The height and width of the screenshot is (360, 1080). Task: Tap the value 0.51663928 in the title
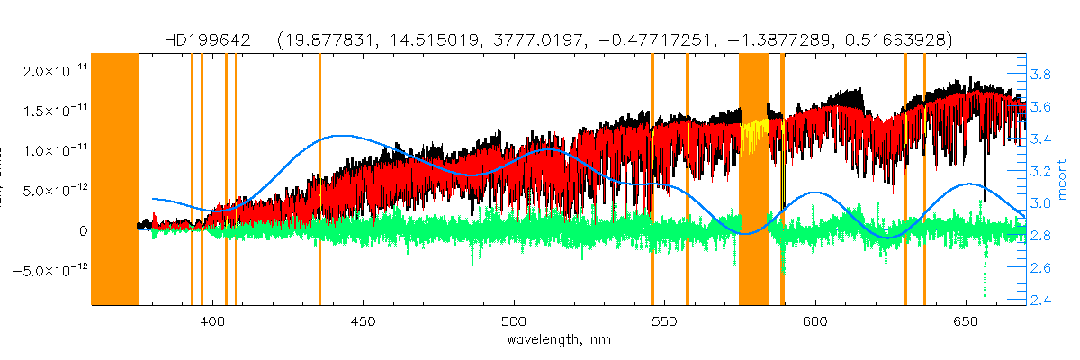pyautogui.click(x=886, y=40)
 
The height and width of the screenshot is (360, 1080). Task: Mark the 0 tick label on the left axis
pyautogui.click(x=83, y=231)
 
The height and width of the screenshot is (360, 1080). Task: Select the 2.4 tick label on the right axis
pyautogui.click(x=1041, y=301)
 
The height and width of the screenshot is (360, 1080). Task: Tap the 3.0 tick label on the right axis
pyautogui.click(x=1041, y=203)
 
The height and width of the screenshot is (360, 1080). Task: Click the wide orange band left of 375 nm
pyautogui.click(x=115, y=180)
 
